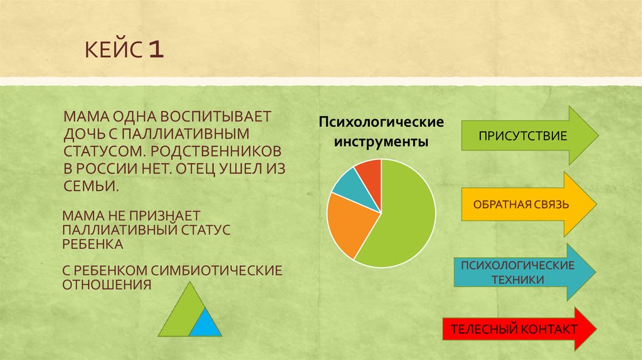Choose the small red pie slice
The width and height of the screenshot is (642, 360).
(370, 170)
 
